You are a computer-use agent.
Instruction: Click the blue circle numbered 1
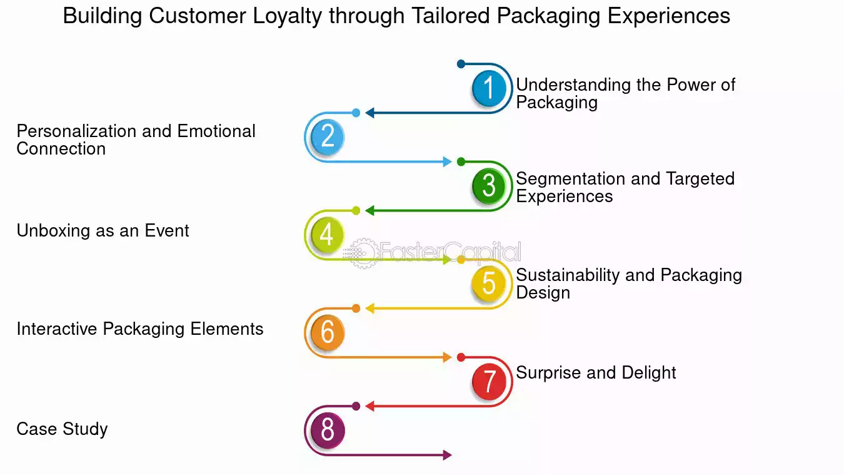click(489, 88)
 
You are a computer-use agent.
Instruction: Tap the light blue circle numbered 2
click(328, 136)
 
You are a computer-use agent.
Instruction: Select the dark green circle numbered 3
click(489, 186)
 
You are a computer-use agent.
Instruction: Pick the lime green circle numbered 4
click(328, 234)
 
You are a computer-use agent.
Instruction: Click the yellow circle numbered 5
click(489, 283)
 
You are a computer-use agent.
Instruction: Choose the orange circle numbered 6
click(328, 332)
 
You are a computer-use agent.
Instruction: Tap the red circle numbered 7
click(489, 381)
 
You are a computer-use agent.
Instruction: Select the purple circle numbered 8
click(328, 430)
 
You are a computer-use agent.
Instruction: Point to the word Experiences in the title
click(669, 17)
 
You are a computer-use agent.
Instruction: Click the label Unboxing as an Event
click(103, 231)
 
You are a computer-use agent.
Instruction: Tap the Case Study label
click(62, 429)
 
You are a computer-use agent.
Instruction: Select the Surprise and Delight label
click(596, 373)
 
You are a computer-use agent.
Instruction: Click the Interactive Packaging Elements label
click(140, 329)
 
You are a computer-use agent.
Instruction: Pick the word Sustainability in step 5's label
click(568, 275)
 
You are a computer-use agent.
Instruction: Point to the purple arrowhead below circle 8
click(447, 455)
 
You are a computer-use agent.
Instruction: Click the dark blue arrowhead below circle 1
click(370, 113)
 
